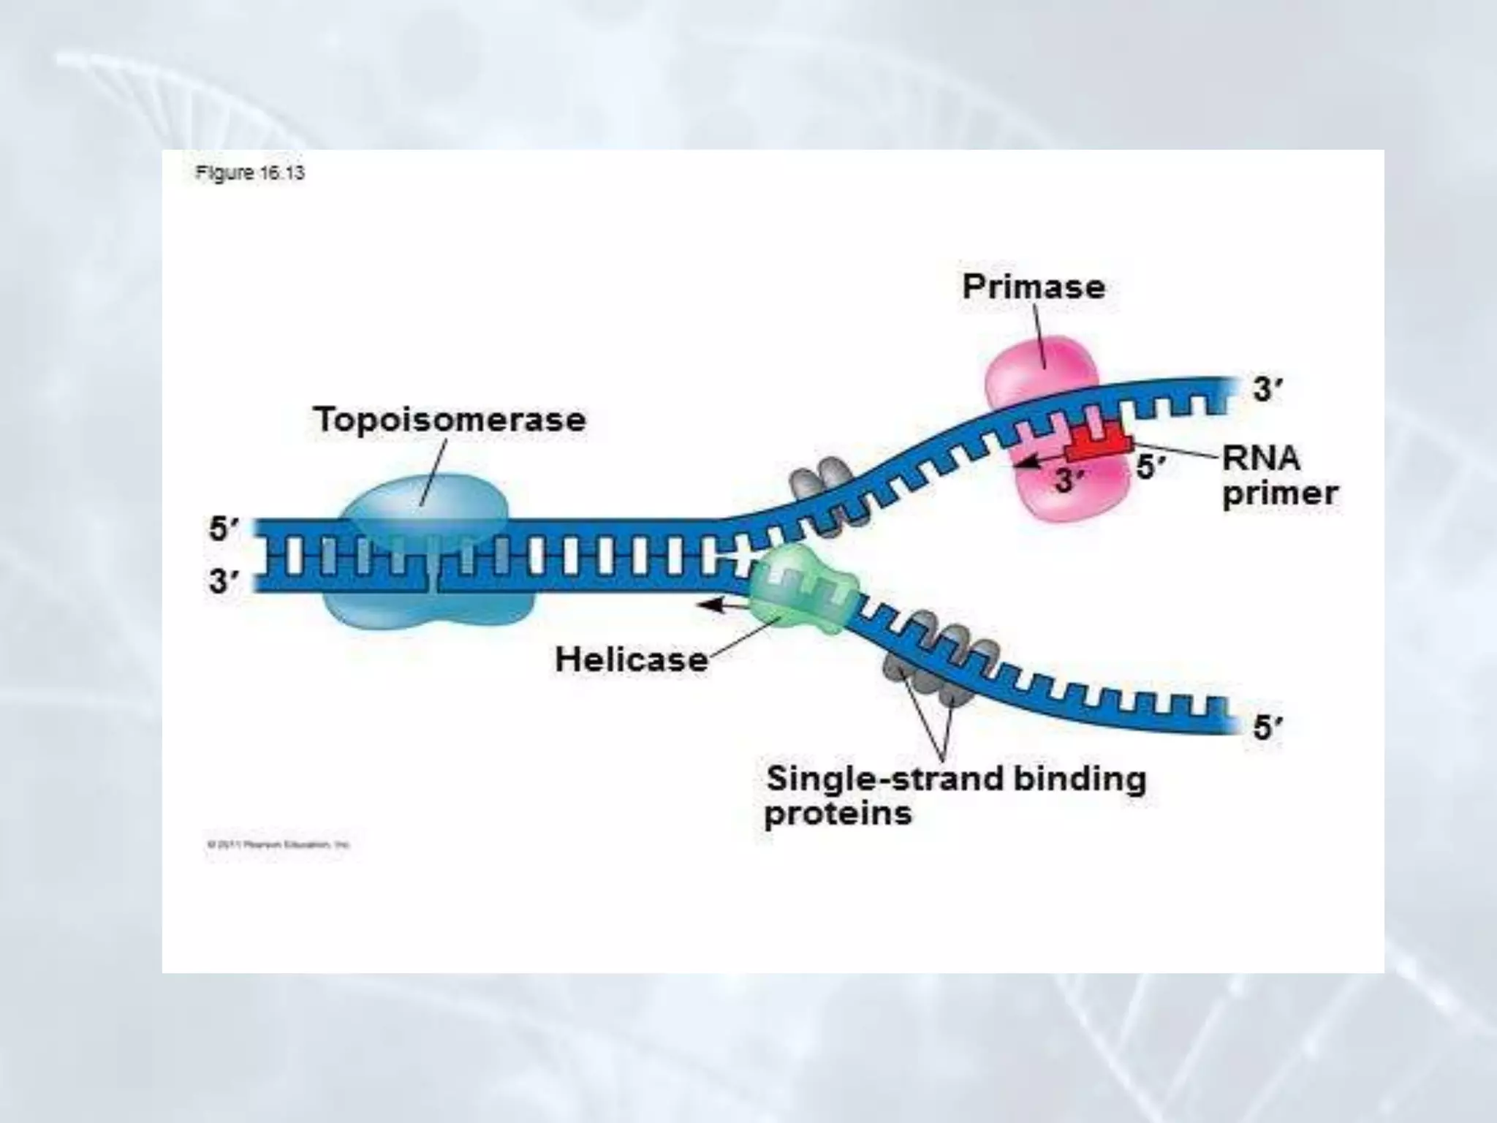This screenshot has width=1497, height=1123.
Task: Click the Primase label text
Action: point(1033,287)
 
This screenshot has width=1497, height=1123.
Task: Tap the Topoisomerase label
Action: point(450,420)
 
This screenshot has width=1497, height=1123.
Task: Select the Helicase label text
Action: point(632,659)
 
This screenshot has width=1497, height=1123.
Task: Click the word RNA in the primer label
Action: point(1261,459)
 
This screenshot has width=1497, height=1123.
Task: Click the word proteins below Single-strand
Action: point(838,814)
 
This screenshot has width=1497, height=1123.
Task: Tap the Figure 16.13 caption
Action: point(249,173)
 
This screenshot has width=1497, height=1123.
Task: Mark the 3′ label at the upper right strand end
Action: point(1267,390)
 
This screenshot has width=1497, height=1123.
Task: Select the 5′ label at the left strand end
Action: point(224,529)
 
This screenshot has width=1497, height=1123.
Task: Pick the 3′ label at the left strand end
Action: point(224,582)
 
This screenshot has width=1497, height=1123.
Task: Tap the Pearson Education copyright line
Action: point(278,844)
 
